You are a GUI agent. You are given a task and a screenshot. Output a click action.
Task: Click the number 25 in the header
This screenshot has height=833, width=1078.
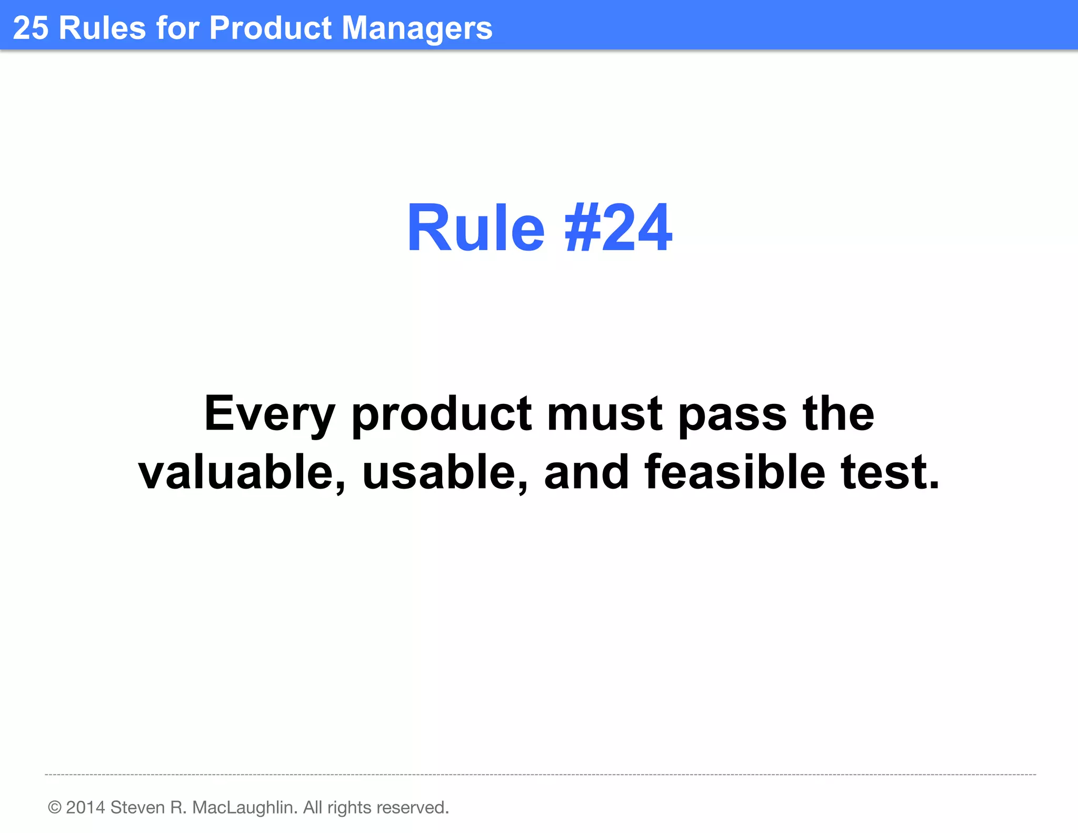(x=31, y=28)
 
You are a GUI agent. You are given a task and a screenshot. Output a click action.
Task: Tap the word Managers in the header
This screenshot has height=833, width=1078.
(x=417, y=28)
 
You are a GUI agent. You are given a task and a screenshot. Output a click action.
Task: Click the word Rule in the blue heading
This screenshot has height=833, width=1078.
(x=475, y=229)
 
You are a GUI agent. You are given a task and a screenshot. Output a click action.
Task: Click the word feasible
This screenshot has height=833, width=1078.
(x=734, y=472)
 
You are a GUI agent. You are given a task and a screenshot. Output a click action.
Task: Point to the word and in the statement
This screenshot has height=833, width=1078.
(x=586, y=472)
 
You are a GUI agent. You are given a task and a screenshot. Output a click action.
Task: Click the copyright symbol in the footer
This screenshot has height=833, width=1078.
(x=55, y=807)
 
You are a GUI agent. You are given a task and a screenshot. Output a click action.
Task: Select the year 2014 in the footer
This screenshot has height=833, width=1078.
(x=85, y=807)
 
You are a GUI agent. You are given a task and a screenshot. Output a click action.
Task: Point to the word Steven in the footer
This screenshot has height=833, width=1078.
(x=137, y=807)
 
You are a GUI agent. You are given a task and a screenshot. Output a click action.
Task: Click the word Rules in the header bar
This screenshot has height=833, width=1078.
(x=102, y=28)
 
